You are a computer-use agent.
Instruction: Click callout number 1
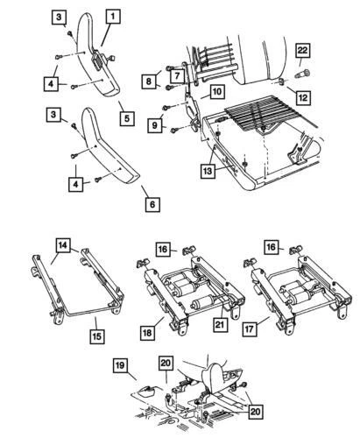coord(113,16)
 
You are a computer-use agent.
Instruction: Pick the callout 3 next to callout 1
coord(58,17)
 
